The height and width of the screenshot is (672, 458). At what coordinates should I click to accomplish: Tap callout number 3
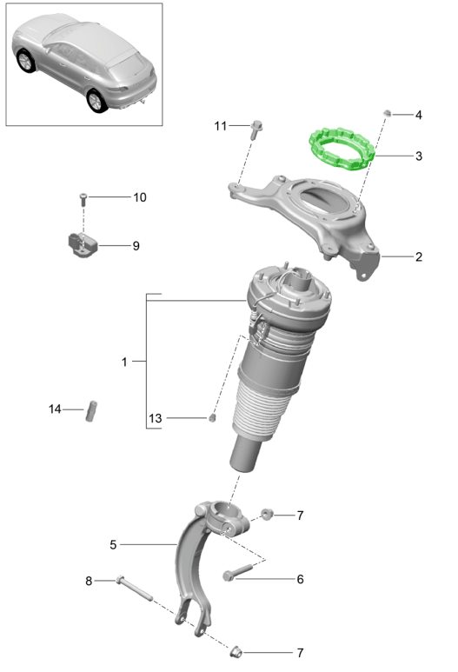419,156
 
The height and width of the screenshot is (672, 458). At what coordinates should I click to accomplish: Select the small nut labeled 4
387,113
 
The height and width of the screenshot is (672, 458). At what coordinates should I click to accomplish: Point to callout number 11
220,126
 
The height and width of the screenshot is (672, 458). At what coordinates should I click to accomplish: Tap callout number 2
419,256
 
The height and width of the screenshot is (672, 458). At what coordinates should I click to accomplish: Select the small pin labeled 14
91,411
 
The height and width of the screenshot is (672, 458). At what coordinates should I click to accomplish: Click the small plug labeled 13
212,418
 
